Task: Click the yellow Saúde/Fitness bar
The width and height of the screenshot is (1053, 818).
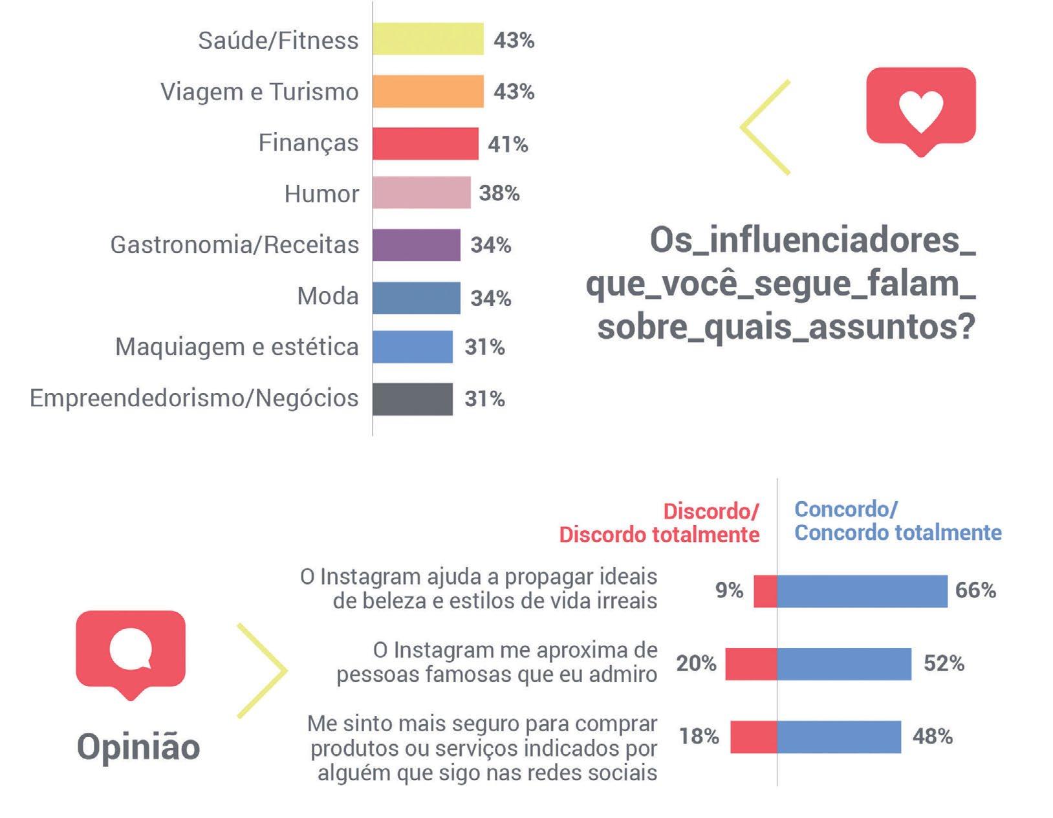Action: click(428, 39)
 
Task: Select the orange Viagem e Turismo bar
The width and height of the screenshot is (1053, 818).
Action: click(428, 91)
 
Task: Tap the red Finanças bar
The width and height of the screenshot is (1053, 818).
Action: click(426, 144)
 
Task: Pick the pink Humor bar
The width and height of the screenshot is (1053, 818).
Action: click(422, 192)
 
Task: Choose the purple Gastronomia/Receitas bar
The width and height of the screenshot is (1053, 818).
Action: click(417, 245)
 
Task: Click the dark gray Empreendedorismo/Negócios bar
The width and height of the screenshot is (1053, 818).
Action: click(413, 399)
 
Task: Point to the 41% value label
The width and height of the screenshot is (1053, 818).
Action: click(508, 144)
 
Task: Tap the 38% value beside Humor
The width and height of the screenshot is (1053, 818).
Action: click(499, 193)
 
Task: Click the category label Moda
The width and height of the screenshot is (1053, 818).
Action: click(328, 296)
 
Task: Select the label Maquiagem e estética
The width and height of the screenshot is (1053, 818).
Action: click(237, 347)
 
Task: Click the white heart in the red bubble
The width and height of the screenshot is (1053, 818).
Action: click(921, 111)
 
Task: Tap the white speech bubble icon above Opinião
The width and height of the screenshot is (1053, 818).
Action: click(131, 649)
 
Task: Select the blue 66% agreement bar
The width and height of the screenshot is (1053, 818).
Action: click(862, 591)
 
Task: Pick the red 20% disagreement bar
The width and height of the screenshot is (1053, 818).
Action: click(751, 663)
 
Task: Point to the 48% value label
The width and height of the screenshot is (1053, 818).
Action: click(932, 737)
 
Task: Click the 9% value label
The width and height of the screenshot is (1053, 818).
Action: click(730, 590)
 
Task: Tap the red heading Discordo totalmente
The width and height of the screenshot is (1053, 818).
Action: click(660, 535)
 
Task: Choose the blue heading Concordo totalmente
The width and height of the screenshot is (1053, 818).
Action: click(898, 533)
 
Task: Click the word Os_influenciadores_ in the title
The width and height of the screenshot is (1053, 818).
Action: click(812, 240)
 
